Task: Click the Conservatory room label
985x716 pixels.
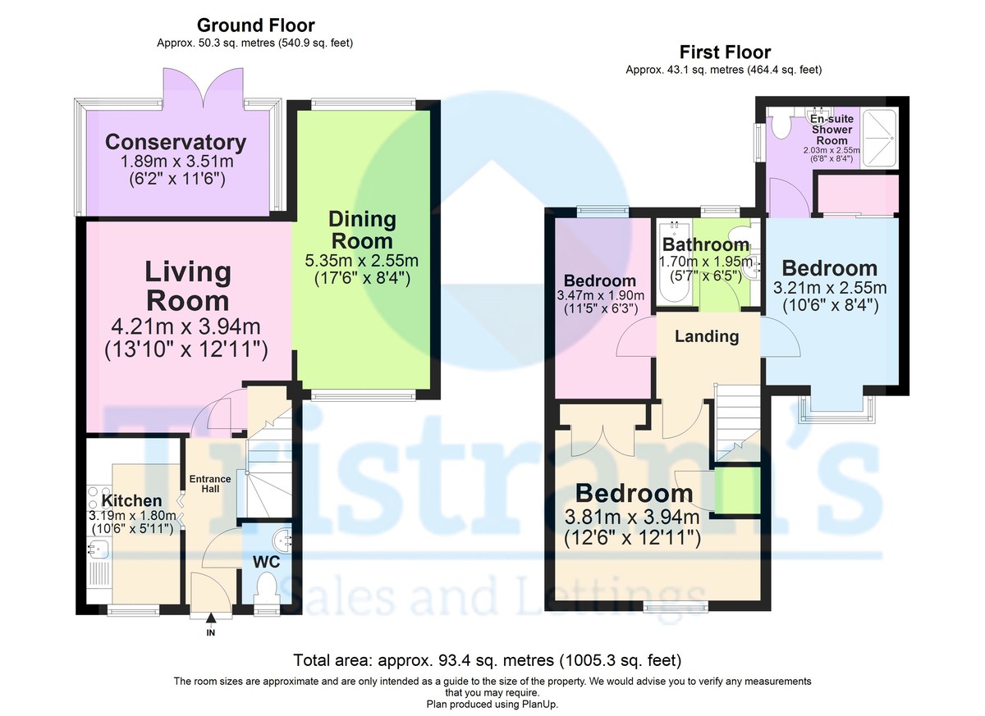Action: pyautogui.click(x=176, y=143)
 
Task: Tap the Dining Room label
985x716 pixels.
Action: pyautogui.click(x=362, y=230)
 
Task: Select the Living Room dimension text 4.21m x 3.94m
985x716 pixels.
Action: pyautogui.click(x=186, y=326)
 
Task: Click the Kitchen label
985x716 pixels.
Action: pyautogui.click(x=131, y=500)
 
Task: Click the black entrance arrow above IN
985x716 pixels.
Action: pyautogui.click(x=211, y=618)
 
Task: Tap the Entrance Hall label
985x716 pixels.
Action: pyautogui.click(x=210, y=484)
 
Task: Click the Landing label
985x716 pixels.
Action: pyautogui.click(x=707, y=336)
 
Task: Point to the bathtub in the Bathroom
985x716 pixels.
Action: pyautogui.click(x=675, y=263)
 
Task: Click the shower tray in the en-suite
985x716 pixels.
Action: pyautogui.click(x=879, y=138)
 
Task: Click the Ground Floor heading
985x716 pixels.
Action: pyautogui.click(x=255, y=25)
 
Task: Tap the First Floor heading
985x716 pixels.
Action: pyautogui.click(x=725, y=52)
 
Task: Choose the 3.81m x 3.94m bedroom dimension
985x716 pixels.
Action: pyautogui.click(x=632, y=517)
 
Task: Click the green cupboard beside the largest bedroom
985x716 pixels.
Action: pyautogui.click(x=737, y=490)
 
